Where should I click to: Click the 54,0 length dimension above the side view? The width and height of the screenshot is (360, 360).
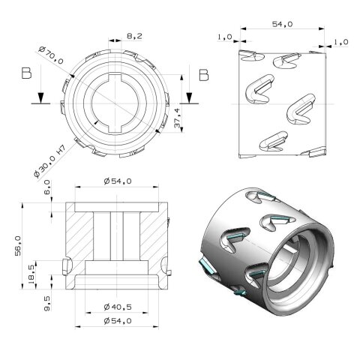[282, 25]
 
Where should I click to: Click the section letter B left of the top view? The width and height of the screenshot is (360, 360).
[27, 74]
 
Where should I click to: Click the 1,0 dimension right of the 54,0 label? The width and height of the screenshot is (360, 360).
[340, 42]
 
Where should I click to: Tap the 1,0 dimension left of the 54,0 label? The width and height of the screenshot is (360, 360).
[223, 37]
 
